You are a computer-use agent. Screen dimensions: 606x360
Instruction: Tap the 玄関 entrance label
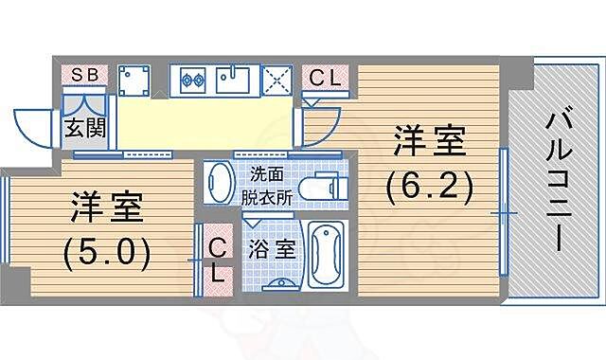point(82,126)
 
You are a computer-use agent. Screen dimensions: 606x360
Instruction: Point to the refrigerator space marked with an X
point(276,79)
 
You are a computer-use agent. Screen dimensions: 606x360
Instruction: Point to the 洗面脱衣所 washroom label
point(265,186)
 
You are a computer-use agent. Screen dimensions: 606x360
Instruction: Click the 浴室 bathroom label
point(273,250)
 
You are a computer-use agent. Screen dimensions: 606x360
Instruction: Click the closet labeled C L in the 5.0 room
point(217,261)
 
